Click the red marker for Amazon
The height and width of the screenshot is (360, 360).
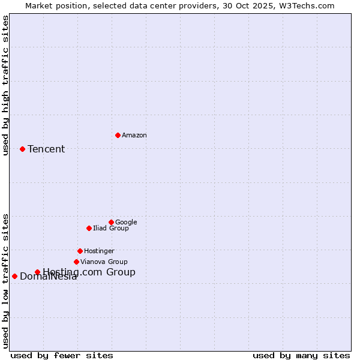(x=118, y=135)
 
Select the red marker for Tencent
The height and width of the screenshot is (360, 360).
(x=22, y=149)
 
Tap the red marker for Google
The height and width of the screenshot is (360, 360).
(x=111, y=222)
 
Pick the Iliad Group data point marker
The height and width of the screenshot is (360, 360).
(x=89, y=228)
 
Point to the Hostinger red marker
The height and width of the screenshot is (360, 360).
(x=80, y=251)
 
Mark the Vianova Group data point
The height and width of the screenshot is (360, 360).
(x=76, y=262)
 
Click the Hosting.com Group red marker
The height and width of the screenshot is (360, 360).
(x=37, y=272)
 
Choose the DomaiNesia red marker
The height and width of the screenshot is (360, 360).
(x=14, y=276)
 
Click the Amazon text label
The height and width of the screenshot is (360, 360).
(x=134, y=136)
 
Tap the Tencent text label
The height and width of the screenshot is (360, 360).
(x=46, y=149)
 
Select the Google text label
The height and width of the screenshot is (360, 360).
(x=126, y=223)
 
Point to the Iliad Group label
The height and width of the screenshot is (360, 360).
(x=110, y=229)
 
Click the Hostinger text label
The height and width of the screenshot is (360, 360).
(x=99, y=251)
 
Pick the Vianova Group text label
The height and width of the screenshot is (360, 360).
(x=104, y=262)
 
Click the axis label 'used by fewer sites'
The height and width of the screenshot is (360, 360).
(x=62, y=355)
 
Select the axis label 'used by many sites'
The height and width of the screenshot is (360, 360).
(x=301, y=355)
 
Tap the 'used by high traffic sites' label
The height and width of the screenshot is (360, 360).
(x=6, y=85)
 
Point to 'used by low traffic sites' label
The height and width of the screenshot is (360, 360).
(x=6, y=281)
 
